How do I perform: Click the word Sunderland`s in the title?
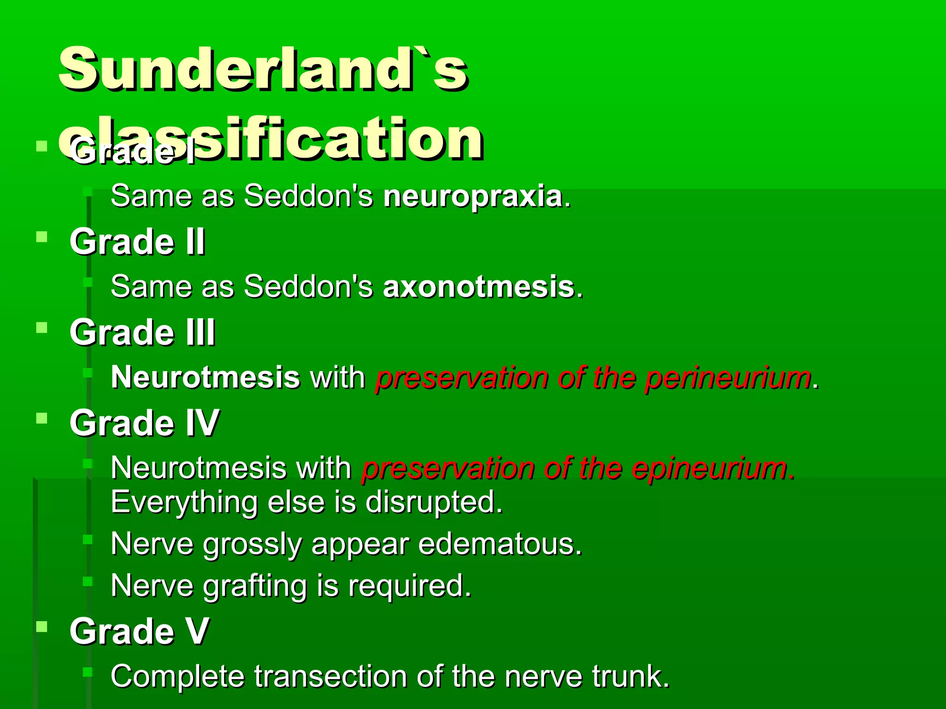[263, 69]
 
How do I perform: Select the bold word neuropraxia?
[473, 196]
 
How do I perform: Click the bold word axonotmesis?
[479, 286]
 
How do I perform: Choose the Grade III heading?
[142, 332]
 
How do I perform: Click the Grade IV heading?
[144, 423]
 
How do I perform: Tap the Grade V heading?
[139, 631]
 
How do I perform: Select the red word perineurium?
[728, 378]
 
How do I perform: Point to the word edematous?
[500, 544]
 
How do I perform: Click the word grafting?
[255, 585]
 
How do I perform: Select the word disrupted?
[434, 502]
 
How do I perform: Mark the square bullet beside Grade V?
[42, 627]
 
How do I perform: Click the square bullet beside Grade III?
[42, 328]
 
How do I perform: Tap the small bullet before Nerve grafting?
[88, 581]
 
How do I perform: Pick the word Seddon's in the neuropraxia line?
[308, 196]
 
